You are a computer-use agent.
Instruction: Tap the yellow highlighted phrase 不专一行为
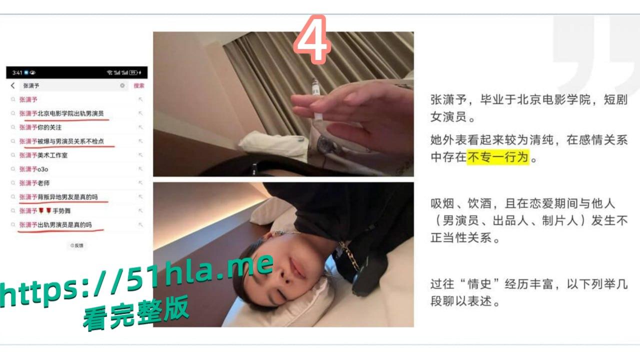click(497, 157)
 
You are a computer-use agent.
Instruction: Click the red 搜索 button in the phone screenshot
click(138, 86)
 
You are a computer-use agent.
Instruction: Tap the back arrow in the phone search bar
click(13, 86)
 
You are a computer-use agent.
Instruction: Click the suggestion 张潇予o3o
click(33, 169)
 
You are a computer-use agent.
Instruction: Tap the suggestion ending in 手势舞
click(46, 210)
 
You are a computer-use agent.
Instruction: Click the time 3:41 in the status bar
click(17, 72)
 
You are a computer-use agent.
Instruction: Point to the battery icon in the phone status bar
click(134, 72)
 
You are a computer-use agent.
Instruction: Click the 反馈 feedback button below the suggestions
click(77, 245)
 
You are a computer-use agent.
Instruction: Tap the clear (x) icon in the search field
click(122, 86)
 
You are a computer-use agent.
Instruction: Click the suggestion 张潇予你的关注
click(40, 127)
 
